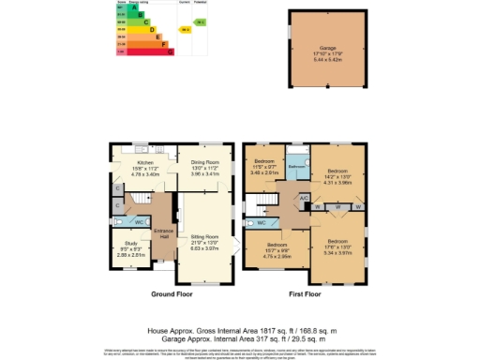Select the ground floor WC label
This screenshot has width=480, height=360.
point(138,222)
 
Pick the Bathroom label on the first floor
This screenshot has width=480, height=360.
point(297,165)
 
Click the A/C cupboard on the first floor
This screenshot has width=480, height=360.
point(303,198)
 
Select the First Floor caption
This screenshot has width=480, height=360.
point(307,293)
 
